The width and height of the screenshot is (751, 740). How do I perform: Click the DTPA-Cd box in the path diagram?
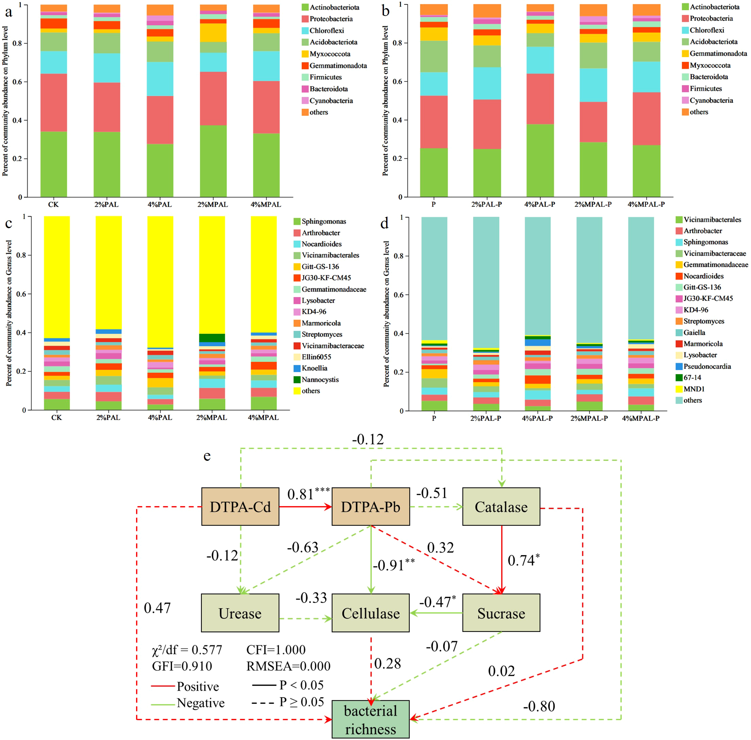tap(240, 507)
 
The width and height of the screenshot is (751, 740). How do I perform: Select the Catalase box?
tap(501, 507)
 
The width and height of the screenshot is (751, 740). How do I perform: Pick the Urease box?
tap(240, 613)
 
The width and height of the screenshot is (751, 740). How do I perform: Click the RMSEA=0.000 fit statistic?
tap(288, 666)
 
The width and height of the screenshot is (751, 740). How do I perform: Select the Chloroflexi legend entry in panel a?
tap(327, 30)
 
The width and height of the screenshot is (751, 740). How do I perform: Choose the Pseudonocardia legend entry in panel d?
tap(707, 367)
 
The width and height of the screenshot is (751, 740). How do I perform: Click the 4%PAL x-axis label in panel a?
tap(160, 204)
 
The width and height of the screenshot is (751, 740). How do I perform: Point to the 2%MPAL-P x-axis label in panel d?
tap(589, 418)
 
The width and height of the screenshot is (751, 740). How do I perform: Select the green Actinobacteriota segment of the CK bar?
tap(54, 164)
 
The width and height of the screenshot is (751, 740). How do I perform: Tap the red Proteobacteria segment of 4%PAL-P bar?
tap(540, 99)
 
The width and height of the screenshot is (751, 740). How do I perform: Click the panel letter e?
tap(207, 456)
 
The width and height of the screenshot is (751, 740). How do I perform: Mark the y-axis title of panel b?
tap(385, 101)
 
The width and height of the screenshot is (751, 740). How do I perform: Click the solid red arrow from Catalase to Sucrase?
tap(501, 560)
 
